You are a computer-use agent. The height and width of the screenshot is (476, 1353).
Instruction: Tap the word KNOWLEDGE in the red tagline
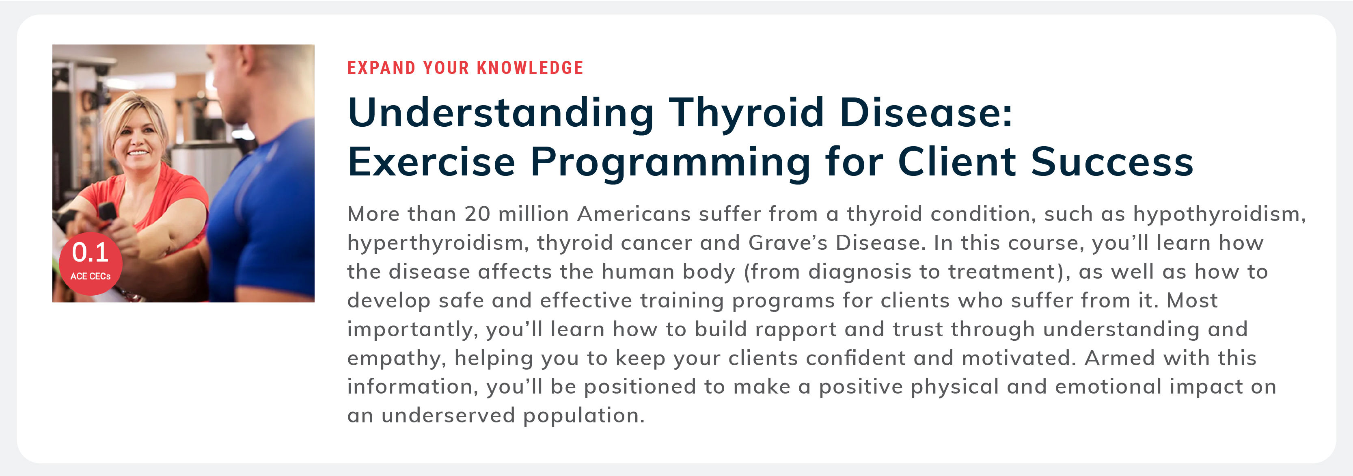pos(530,68)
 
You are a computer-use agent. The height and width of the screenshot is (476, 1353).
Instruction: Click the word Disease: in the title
pos(926,113)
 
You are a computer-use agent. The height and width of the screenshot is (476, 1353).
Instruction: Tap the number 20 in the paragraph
pos(477,214)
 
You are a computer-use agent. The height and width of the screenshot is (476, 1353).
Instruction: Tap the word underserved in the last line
pos(448,415)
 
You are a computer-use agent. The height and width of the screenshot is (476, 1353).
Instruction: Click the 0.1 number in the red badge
pos(91,252)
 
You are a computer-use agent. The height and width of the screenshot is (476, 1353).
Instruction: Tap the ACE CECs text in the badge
pos(91,276)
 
